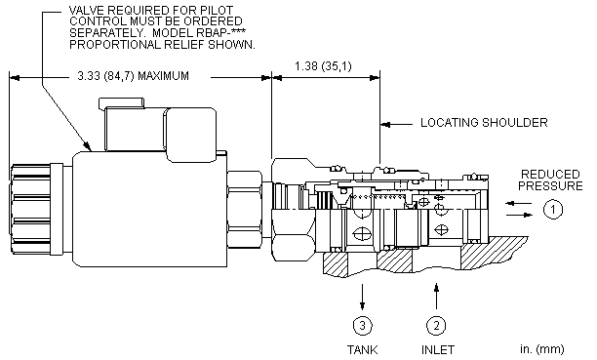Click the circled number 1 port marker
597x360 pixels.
pyautogui.click(x=553, y=209)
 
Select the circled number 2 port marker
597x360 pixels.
pyautogui.click(x=436, y=325)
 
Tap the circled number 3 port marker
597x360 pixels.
pyautogui.click(x=362, y=325)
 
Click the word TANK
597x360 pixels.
pyautogui.click(x=362, y=349)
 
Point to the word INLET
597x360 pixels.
pyautogui.click(x=438, y=349)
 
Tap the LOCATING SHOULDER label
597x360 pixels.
pyautogui.click(x=484, y=123)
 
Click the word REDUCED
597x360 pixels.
pyautogui.click(x=550, y=175)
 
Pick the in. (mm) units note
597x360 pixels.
pyautogui.click(x=542, y=349)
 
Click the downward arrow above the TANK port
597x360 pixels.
pyautogui.click(x=362, y=297)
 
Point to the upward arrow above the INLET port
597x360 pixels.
pyautogui.click(x=436, y=296)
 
